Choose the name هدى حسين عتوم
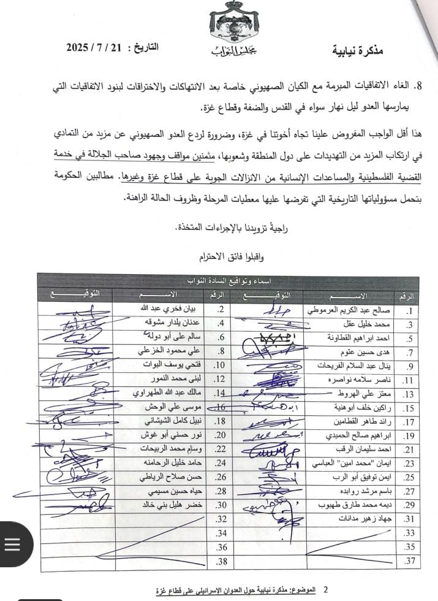tap(368, 353)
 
